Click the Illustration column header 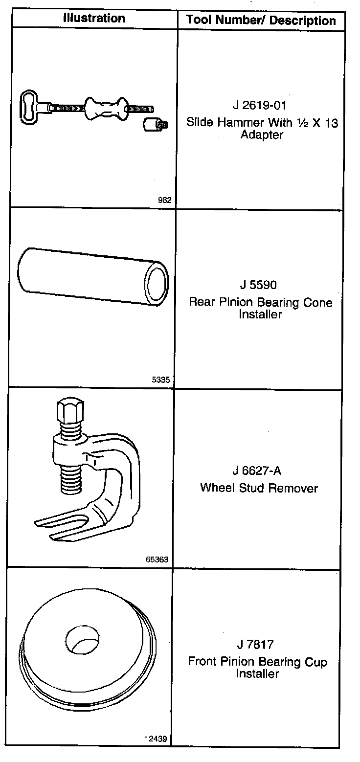coord(93,19)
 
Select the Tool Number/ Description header coord(261,21)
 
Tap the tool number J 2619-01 coord(261,106)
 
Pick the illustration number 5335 coord(161,379)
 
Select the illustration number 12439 coord(156,739)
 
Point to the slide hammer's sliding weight coord(104,108)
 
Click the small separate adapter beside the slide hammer coord(154,125)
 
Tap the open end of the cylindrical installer coord(157,282)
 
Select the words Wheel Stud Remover coord(259,488)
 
